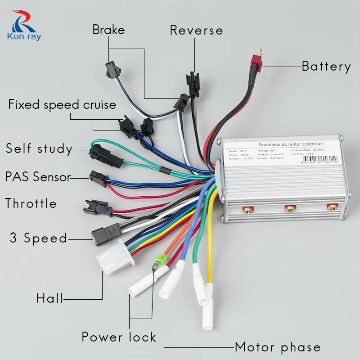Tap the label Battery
coord(326,67)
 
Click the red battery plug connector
coord(256,66)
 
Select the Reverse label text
coord(196,31)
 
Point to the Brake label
coord(108,30)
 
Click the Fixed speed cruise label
coord(62,105)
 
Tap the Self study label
coord(39,148)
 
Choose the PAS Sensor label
coord(38,176)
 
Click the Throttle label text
coord(31,203)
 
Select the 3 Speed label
coord(38,238)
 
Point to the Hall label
coord(49,298)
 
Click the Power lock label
coord(119,337)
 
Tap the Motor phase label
coord(278,347)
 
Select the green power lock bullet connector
coord(158,261)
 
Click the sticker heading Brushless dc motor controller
coord(290,144)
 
